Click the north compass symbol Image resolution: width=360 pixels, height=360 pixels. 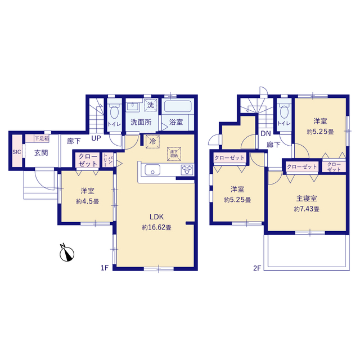click(67, 254)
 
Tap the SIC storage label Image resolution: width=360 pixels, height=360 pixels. click(16, 152)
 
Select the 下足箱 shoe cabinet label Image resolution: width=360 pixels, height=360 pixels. click(42, 138)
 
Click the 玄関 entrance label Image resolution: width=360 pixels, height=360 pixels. click(41, 153)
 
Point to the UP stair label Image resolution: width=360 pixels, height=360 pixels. click(96, 138)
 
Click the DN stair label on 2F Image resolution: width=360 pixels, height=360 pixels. click(266, 133)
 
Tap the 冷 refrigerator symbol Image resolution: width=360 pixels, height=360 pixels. click(152, 141)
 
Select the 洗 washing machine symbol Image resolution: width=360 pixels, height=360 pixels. click(151, 105)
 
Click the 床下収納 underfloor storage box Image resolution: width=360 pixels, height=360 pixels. click(174, 154)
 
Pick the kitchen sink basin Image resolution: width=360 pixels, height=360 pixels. click(152, 170)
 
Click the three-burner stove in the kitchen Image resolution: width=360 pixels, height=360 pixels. click(187, 170)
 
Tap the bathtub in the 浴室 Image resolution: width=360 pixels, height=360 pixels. click(178, 106)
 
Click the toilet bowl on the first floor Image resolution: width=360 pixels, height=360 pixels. click(114, 112)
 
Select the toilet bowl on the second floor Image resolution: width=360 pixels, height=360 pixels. click(284, 112)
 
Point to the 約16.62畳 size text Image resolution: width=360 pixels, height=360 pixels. click(156, 227)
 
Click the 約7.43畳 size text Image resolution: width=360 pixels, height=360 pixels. click(307, 209)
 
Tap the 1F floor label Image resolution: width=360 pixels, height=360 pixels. click(105, 268)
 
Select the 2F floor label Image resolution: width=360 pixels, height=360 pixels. click(257, 268)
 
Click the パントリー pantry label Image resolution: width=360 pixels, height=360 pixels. click(108, 160)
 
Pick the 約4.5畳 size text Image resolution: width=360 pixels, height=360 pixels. click(88, 201)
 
